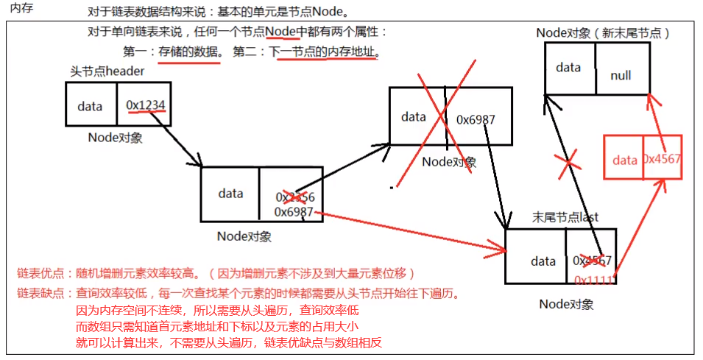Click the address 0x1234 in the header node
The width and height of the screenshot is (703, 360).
[x=145, y=105]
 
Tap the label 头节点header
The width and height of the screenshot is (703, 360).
[x=102, y=71]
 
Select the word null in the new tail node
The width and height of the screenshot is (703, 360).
[x=621, y=75]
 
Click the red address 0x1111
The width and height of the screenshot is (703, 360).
[x=595, y=280]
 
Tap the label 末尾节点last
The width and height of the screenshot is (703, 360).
[x=564, y=217]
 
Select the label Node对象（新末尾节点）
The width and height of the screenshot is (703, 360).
[x=603, y=32]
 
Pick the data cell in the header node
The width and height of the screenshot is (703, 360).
[x=90, y=106]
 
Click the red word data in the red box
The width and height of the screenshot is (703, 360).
[x=624, y=160]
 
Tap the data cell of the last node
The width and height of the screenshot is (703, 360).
[x=543, y=261]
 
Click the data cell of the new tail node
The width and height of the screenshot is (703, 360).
[x=568, y=68]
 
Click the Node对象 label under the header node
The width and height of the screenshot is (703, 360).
[x=115, y=137]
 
